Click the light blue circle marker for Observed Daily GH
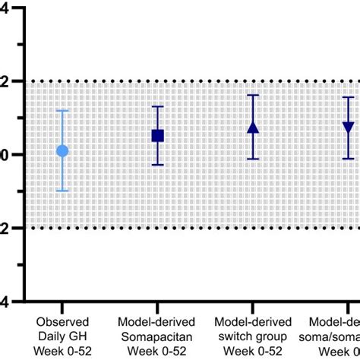click(62, 151)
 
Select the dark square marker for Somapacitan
click(158, 136)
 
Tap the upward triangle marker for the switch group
click(253, 128)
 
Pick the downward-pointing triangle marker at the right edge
click(348, 128)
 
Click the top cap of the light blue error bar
click(62, 111)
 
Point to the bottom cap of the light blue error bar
click(62, 191)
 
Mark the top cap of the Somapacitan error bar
click(158, 106)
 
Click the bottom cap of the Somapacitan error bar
click(158, 165)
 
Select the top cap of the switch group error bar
click(253, 96)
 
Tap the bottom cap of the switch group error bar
click(253, 159)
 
